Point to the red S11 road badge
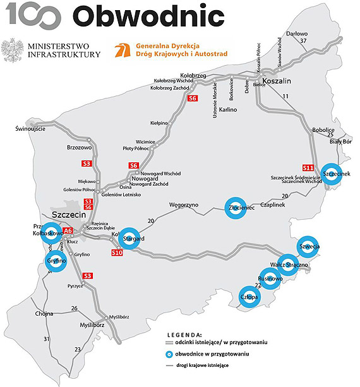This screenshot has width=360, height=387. click(308, 168)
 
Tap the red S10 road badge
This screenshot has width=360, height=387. click(116, 253)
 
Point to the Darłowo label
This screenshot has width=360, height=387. click(297, 33)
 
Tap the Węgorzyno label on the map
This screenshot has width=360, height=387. click(183, 205)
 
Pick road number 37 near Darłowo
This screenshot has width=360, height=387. click(303, 41)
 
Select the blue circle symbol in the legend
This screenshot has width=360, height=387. click(169, 354)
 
